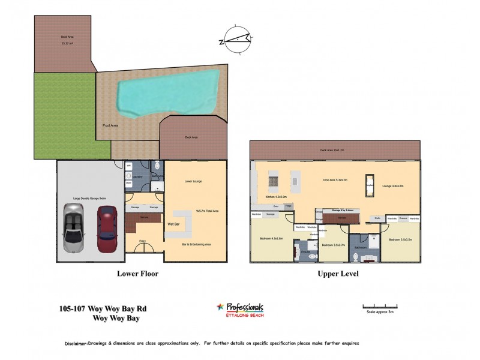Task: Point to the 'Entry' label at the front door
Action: click(x=142, y=241)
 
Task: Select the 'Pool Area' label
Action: click(x=110, y=126)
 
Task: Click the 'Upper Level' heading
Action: click(x=338, y=273)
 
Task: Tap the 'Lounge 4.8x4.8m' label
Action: click(x=393, y=186)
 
